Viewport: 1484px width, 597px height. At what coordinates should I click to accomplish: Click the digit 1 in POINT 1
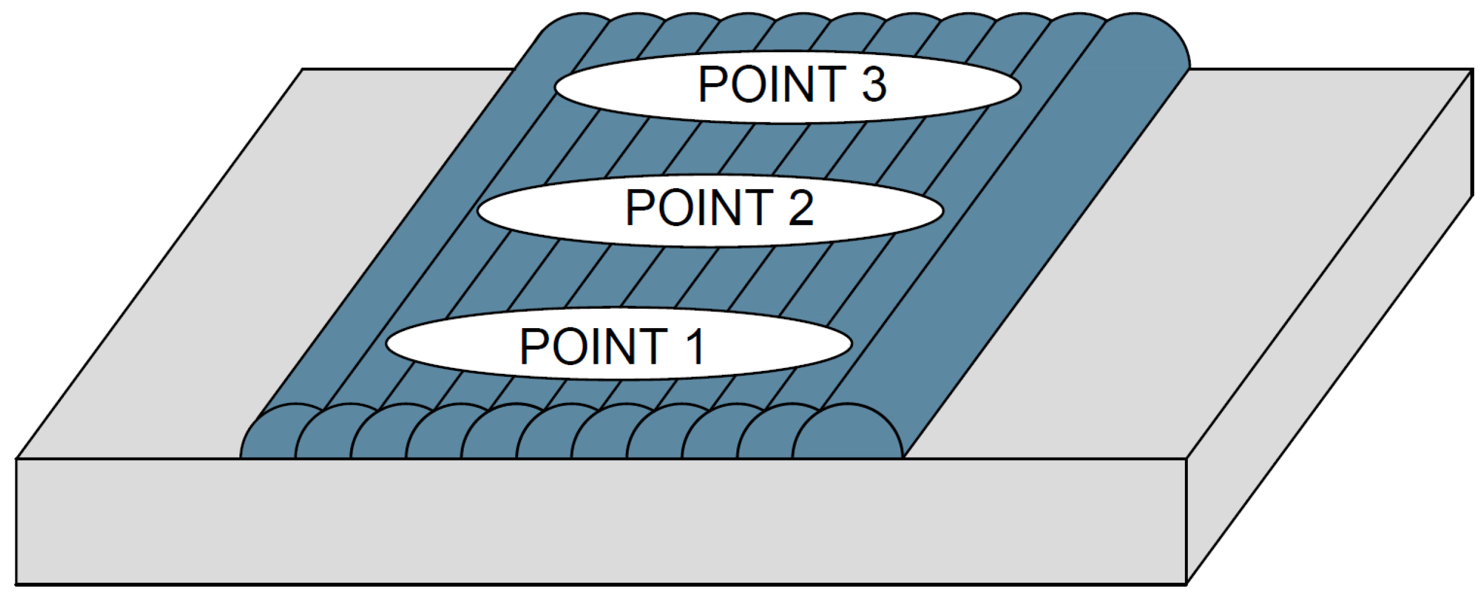(x=696, y=347)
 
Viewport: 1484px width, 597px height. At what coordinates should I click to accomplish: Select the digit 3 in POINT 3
(x=874, y=84)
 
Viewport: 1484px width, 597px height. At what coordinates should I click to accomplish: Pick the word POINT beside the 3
(x=772, y=84)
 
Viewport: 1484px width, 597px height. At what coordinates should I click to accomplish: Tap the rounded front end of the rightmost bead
(x=849, y=434)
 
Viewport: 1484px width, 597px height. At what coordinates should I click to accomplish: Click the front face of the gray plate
(x=585, y=521)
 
